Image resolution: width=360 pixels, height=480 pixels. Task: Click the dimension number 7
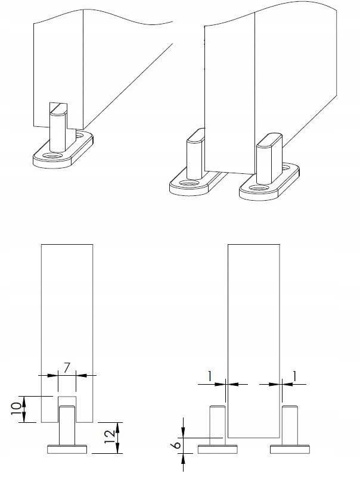[67, 367]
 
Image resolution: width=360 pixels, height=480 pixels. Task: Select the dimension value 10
[17, 408]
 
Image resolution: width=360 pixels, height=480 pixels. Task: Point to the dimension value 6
[176, 444]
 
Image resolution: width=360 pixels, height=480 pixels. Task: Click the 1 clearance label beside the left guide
[210, 376]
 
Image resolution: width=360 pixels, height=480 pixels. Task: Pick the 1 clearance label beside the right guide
[295, 376]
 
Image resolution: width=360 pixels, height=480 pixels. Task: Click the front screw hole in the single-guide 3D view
[52, 156]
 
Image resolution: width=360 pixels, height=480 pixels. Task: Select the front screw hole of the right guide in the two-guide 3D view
[258, 188]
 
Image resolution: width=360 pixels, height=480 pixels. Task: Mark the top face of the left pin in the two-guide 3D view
[196, 135]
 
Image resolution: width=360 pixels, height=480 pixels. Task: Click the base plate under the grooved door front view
[67, 449]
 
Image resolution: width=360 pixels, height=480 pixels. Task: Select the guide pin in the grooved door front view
[67, 426]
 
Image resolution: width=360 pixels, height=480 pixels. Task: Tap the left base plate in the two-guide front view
[218, 449]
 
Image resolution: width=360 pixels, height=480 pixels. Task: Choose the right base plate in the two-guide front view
[290, 449]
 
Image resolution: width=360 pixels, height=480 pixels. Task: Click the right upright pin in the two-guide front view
[290, 426]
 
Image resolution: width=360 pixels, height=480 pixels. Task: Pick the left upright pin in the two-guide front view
[218, 426]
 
